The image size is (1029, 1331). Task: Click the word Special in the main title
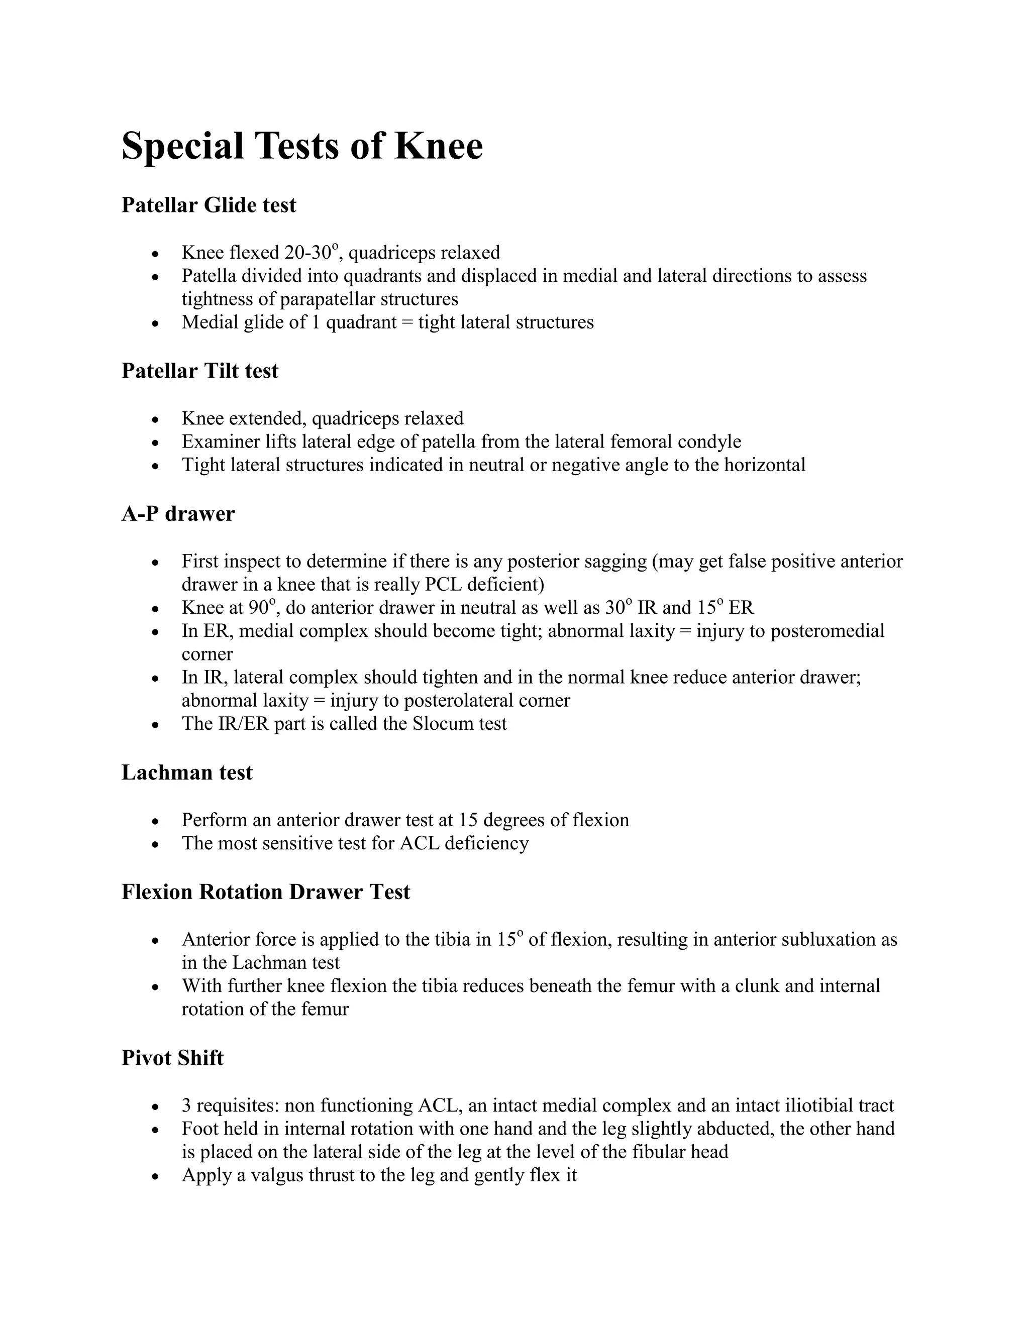pyautogui.click(x=183, y=146)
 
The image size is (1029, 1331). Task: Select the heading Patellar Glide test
pyautogui.click(x=209, y=205)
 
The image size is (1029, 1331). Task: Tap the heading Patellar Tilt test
pyautogui.click(x=200, y=371)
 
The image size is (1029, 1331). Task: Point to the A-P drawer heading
pyautogui.click(x=178, y=514)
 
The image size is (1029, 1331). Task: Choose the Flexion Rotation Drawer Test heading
pyautogui.click(x=266, y=892)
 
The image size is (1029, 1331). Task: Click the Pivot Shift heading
pyautogui.click(x=172, y=1057)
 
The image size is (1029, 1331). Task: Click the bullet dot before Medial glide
pyautogui.click(x=156, y=323)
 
